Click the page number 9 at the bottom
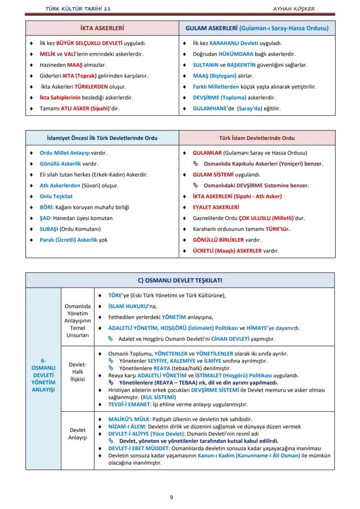(171, 497)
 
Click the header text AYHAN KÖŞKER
(293, 9)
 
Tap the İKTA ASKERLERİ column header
(102, 28)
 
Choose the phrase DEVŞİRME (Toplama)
(220, 98)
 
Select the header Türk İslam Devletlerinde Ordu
(257, 138)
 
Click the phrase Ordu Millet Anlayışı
(64, 153)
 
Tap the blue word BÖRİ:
(47, 207)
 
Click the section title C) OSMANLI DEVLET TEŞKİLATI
(180, 280)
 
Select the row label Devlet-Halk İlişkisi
(77, 372)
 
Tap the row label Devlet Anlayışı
(77, 434)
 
